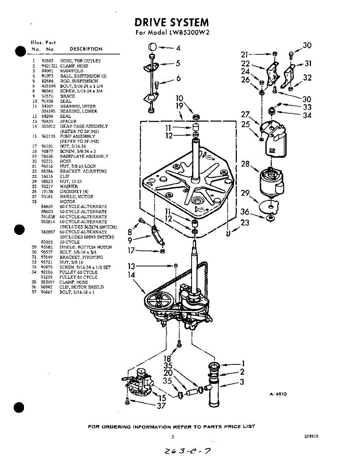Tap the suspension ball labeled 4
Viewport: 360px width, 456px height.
tap(153, 47)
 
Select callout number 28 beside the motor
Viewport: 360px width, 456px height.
tap(245, 164)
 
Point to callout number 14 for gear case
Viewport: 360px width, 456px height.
tap(132, 274)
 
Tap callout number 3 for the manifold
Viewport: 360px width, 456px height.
tap(242, 382)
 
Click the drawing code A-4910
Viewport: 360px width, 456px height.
tap(278, 394)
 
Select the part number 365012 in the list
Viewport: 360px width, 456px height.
tap(48, 126)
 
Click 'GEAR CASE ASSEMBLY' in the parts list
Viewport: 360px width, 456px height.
tap(84, 126)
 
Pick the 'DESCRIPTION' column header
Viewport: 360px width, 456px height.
tap(86, 49)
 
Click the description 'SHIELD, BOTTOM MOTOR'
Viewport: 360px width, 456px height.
tap(86, 247)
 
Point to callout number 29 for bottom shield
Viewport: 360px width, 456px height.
tap(245, 193)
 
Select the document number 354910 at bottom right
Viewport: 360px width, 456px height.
tap(311, 437)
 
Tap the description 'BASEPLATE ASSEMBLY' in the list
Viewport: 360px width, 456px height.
tap(84, 156)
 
